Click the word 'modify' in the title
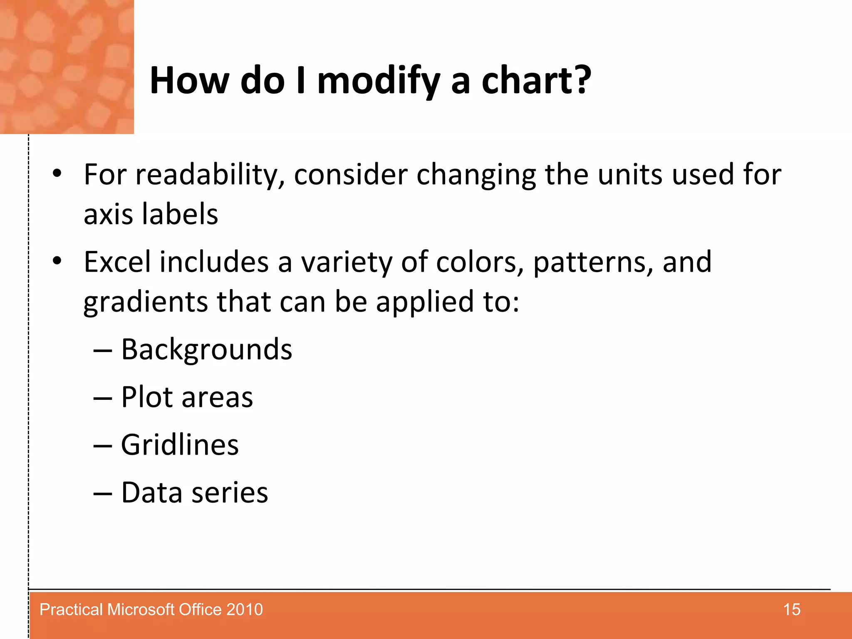pyautogui.click(x=378, y=81)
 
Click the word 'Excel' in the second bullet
pyautogui.click(x=117, y=262)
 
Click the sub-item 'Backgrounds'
pyautogui.click(x=206, y=349)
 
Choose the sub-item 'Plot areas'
pyautogui.click(x=187, y=397)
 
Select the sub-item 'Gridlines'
pyautogui.click(x=180, y=445)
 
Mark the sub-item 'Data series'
pyautogui.click(x=194, y=493)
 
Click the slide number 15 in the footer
pyautogui.click(x=791, y=609)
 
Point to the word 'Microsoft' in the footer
pyautogui.click(x=141, y=609)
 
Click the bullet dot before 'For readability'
pyautogui.click(x=57, y=173)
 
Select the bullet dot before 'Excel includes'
pyautogui.click(x=57, y=261)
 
